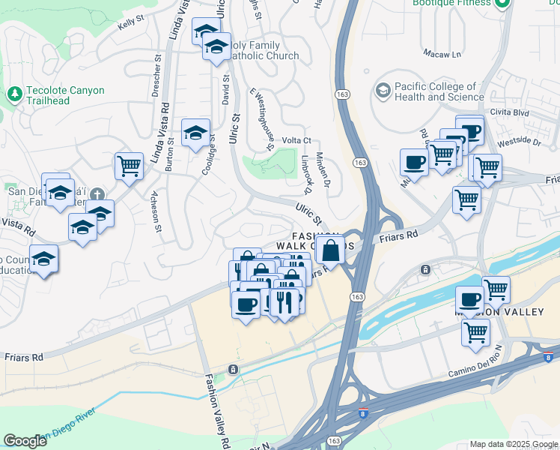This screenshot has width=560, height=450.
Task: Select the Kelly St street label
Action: click(130, 25)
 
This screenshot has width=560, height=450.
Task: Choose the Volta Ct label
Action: click(296, 140)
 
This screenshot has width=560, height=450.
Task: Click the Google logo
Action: click(25, 441)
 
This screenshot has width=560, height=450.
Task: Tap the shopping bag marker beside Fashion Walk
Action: click(329, 250)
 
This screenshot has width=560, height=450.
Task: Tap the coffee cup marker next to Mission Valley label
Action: click(469, 299)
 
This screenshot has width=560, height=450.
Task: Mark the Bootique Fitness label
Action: click(451, 4)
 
